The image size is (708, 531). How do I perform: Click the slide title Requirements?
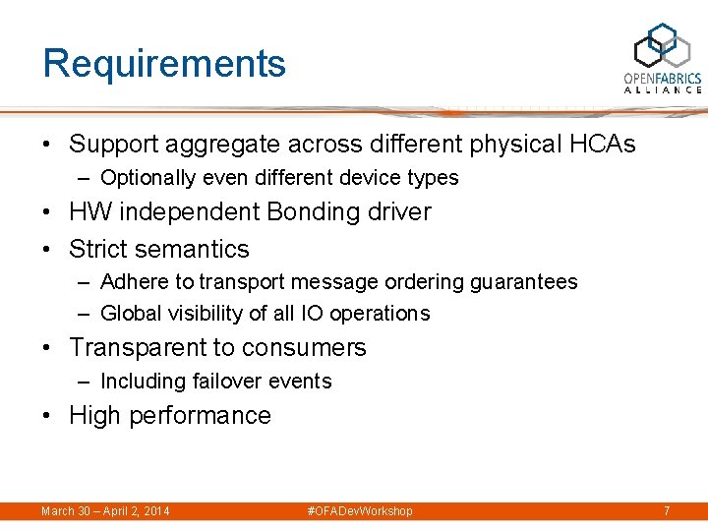(x=164, y=64)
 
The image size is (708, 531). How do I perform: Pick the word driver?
(x=398, y=212)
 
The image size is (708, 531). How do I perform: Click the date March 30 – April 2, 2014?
(x=105, y=511)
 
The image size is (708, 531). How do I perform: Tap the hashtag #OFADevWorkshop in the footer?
(x=360, y=511)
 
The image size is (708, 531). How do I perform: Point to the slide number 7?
(x=667, y=511)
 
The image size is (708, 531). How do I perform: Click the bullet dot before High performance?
(x=48, y=416)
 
